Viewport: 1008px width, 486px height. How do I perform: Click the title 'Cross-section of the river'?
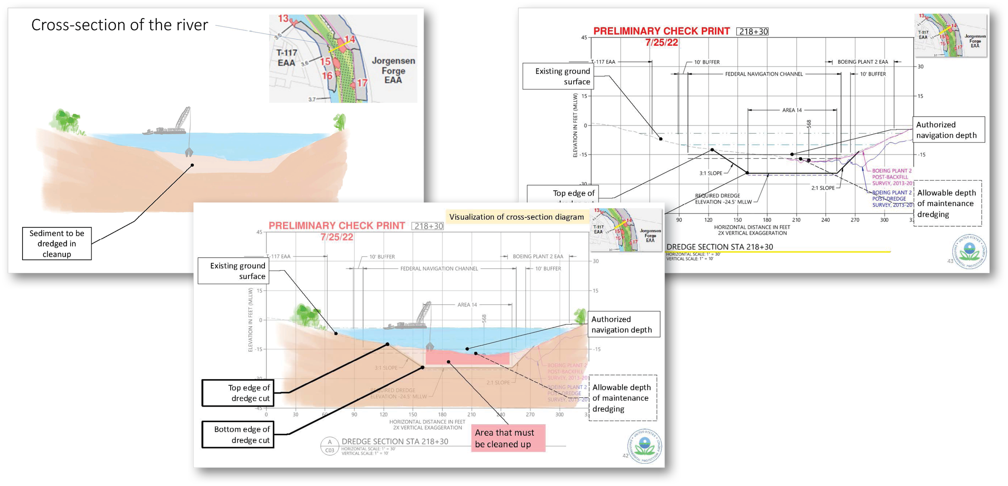click(x=119, y=25)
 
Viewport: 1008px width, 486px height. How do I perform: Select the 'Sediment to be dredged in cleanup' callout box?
click(x=57, y=244)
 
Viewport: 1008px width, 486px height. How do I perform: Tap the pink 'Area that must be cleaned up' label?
click(x=508, y=438)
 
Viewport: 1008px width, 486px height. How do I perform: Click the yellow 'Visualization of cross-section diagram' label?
click(x=516, y=217)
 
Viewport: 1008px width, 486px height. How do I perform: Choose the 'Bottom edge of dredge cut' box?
click(x=238, y=435)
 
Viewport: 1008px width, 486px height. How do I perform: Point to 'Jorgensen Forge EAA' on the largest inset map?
click(x=393, y=70)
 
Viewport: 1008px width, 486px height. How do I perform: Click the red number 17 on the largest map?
click(x=362, y=83)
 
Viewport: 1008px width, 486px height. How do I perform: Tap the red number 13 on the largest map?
click(x=283, y=19)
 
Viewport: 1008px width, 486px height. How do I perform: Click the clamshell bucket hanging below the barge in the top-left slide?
click(x=189, y=152)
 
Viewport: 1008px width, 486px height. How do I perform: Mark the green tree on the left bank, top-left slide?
click(x=67, y=120)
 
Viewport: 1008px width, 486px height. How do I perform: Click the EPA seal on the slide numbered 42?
click(x=644, y=446)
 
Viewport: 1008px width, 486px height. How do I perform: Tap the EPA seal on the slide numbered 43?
click(x=969, y=252)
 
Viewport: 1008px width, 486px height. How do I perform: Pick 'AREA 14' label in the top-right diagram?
click(x=792, y=110)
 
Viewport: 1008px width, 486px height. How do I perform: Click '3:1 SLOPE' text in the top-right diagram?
click(x=710, y=173)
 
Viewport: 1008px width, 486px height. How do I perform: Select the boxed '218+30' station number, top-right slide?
click(x=752, y=31)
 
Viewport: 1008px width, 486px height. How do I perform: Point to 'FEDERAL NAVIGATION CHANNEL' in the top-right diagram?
click(x=764, y=74)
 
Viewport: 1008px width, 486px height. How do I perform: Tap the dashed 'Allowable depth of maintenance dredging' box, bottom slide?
click(x=623, y=398)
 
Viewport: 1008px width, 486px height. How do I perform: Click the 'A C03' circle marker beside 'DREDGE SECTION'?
click(x=329, y=446)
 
